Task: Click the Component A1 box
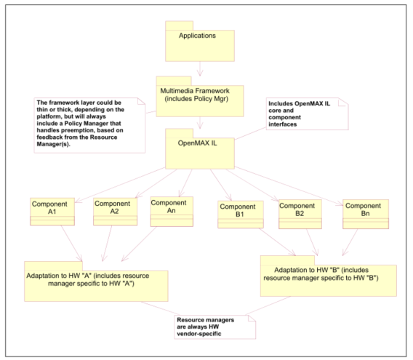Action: click(52, 212)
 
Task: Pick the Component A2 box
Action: click(116, 212)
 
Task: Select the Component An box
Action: click(172, 212)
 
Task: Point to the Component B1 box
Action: click(241, 215)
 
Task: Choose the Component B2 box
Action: click(300, 215)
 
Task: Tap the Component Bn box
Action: click(366, 215)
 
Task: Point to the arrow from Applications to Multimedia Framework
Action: click(200, 69)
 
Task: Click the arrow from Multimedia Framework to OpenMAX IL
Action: click(200, 123)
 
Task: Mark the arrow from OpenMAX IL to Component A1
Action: click(120, 185)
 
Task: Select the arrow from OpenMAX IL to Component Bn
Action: click(289, 185)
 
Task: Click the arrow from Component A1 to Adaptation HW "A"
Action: click(72, 243)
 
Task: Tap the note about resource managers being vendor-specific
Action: click(215, 327)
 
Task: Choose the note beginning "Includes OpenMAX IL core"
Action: click(307, 114)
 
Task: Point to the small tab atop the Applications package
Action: click(180, 25)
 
